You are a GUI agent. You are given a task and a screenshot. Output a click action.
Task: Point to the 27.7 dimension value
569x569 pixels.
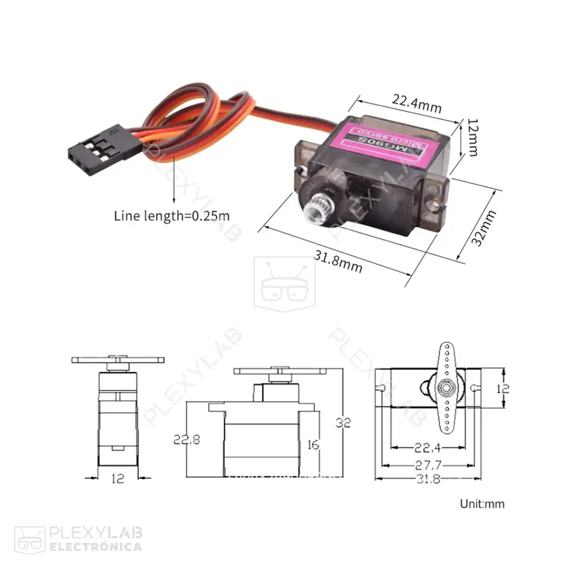(428, 465)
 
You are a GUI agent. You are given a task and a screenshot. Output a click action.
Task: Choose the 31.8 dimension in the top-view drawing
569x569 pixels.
(428, 479)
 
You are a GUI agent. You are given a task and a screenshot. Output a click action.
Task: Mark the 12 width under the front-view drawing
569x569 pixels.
(117, 479)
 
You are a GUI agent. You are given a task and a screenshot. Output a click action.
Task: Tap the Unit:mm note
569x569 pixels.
(482, 504)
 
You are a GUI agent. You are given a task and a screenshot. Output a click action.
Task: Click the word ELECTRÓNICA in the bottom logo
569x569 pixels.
(96, 547)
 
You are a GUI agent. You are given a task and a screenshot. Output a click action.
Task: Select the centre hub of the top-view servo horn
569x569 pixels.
(446, 387)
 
